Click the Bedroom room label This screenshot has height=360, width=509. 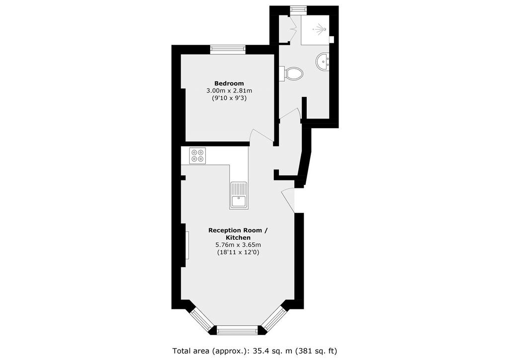[x=229, y=84]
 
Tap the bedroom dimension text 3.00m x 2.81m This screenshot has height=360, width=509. [x=229, y=90]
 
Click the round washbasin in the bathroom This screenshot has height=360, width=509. [x=323, y=62]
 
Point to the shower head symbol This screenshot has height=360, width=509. [x=320, y=29]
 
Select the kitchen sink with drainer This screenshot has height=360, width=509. [x=239, y=195]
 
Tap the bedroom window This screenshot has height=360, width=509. [x=227, y=49]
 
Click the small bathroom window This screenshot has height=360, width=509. [x=296, y=10]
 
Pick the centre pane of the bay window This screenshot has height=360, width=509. [x=237, y=330]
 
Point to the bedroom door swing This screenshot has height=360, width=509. [x=261, y=135]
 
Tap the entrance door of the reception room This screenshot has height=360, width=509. [x=288, y=200]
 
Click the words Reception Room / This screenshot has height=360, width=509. [x=238, y=231]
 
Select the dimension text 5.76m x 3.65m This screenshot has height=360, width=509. [x=238, y=245]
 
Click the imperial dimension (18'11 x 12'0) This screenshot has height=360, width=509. [x=238, y=252]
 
